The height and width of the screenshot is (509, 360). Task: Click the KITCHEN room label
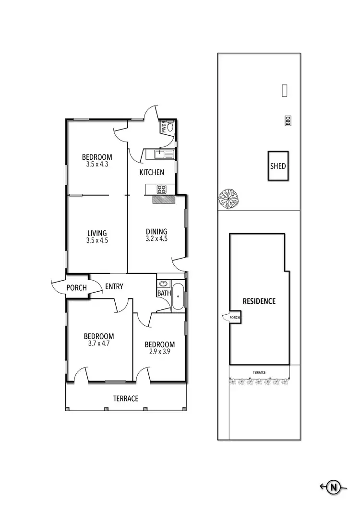152,172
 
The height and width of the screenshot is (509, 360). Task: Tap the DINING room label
156,232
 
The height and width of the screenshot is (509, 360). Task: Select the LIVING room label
97,234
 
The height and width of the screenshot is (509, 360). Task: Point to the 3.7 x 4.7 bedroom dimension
99,343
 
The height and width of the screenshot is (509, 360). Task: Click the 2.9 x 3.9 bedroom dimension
159,352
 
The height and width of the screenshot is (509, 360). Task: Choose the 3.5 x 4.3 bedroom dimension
97,164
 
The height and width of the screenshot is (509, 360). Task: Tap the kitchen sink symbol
160,154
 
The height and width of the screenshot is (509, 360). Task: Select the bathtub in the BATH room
178,297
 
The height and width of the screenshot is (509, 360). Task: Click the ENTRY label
114,287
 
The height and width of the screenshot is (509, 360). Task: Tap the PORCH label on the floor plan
77,288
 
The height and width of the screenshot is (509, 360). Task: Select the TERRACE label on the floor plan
126,399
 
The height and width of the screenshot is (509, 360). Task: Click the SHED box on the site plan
278,166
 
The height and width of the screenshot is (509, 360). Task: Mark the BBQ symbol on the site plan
288,121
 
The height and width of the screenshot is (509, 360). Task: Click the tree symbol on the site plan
228,198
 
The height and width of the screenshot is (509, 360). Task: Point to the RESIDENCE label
259,301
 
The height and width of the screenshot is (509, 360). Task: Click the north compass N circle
333,487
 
